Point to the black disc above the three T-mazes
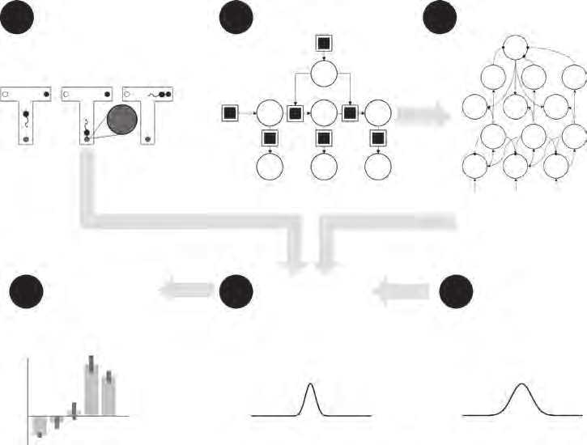[x=17, y=17]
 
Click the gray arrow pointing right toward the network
[x=423, y=114]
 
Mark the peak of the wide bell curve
[x=523, y=384]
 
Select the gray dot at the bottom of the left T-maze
[x=26, y=139]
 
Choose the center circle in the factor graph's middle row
[x=323, y=112]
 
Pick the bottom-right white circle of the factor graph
[x=376, y=167]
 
